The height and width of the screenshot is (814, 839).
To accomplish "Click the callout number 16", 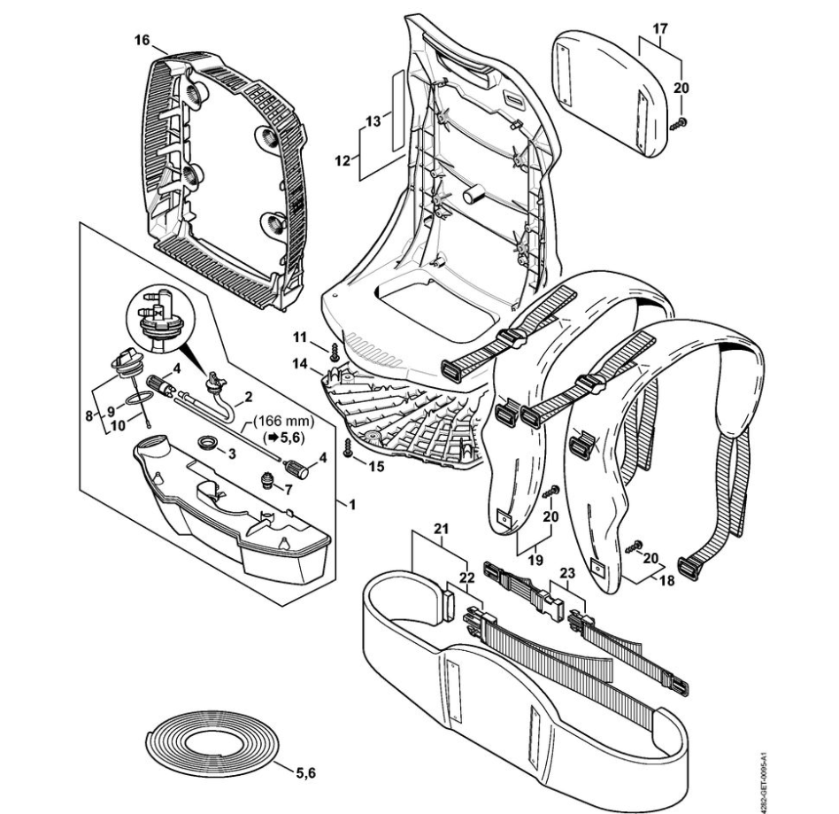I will pos(142,41).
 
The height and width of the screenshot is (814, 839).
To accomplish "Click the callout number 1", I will pos(351,506).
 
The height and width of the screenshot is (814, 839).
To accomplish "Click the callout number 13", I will pos(373,120).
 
